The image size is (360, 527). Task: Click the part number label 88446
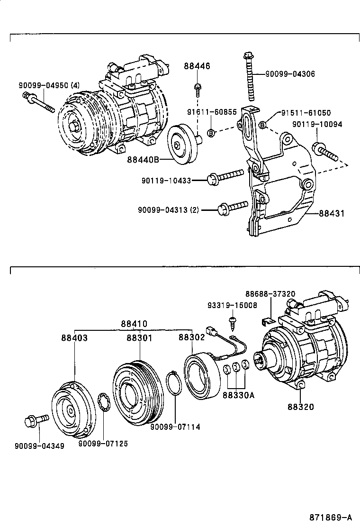pyautogui.click(x=197, y=66)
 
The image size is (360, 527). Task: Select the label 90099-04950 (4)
pyautogui.click(x=49, y=86)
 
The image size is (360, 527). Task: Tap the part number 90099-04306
pyautogui.click(x=290, y=74)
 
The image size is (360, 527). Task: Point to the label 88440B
pyautogui.click(x=142, y=160)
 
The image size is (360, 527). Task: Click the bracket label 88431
pyautogui.click(x=331, y=214)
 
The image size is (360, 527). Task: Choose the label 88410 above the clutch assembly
pyautogui.click(x=134, y=324)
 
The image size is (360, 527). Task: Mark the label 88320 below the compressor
pyautogui.click(x=300, y=407)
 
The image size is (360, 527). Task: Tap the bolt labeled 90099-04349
pyautogui.click(x=36, y=420)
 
